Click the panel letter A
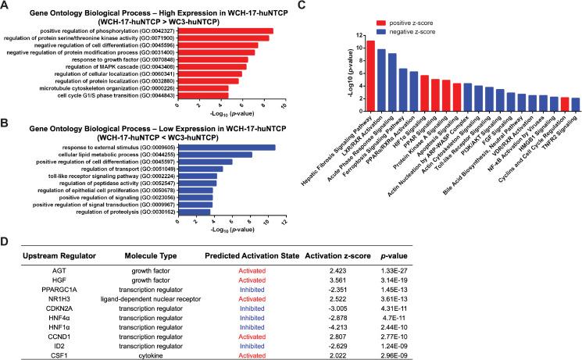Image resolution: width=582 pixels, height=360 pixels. pos(5,5)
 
